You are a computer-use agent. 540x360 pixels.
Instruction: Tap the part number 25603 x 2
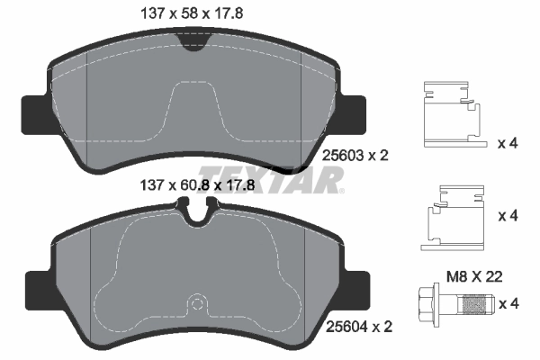point(355,155)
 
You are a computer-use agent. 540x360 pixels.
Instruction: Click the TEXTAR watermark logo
point(270,178)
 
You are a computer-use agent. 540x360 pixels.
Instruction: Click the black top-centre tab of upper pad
point(192,40)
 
